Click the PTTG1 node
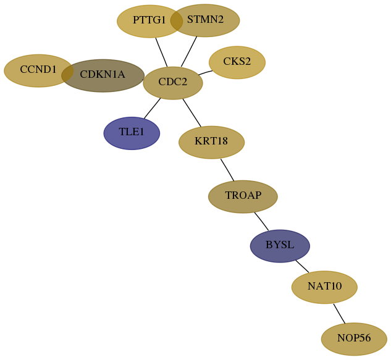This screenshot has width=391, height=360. pyautogui.click(x=149, y=21)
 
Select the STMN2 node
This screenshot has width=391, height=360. pyautogui.click(x=205, y=20)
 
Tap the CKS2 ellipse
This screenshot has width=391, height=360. pyautogui.click(x=237, y=62)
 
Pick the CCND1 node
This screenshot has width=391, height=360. pyautogui.click(x=38, y=71)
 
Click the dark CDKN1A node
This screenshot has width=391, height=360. pyautogui.click(x=103, y=75)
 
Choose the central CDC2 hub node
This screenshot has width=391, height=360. pyautogui.click(x=173, y=83)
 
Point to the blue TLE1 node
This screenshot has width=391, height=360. pyautogui.click(x=132, y=133)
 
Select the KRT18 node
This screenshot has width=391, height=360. pyautogui.click(x=211, y=143)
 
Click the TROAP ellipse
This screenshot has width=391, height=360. pyautogui.click(x=243, y=197)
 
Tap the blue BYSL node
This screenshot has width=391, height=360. pyautogui.click(x=280, y=246)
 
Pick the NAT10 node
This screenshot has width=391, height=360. pyautogui.click(x=324, y=287)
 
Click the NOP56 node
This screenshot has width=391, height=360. pyautogui.click(x=354, y=339)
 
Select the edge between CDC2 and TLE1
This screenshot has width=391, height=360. pyautogui.click(x=152, y=108)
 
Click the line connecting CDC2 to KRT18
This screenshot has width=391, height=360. pyautogui.click(x=191, y=112)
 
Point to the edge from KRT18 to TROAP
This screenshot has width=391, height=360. pyautogui.click(x=227, y=170)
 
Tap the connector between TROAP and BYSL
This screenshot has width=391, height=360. pyautogui.click(x=261, y=222)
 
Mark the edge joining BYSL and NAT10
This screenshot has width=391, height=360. pyautogui.click(x=302, y=266)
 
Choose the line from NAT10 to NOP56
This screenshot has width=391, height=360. pyautogui.click(x=339, y=314)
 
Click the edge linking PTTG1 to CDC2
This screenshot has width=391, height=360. pyautogui.click(x=161, y=52)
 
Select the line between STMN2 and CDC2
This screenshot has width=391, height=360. pyautogui.click(x=189, y=52)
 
